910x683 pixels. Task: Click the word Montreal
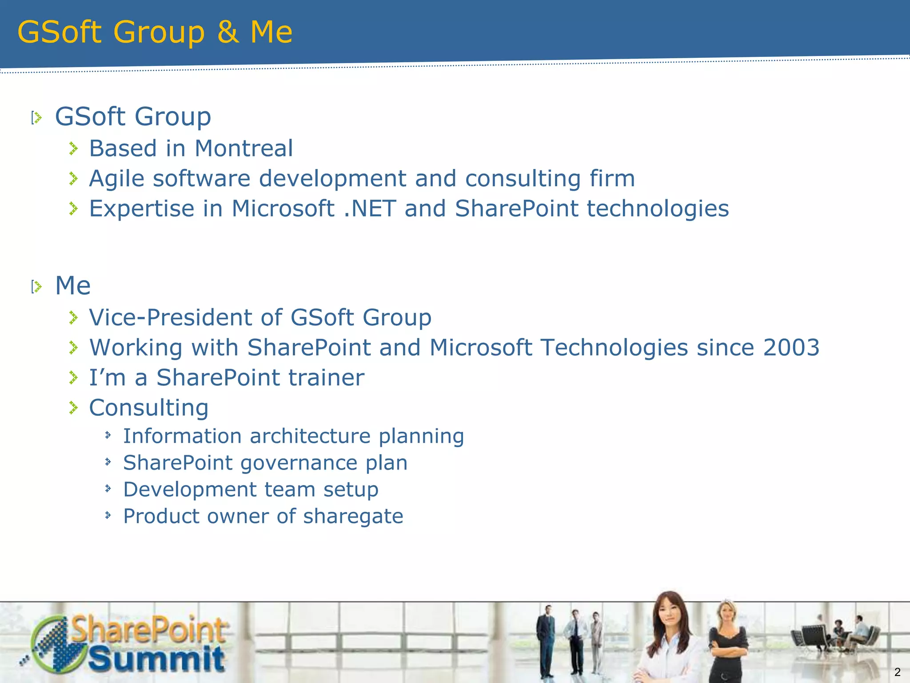(243, 149)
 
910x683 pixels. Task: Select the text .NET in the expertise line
(370, 209)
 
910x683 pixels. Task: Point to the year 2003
(791, 347)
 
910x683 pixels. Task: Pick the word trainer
(326, 378)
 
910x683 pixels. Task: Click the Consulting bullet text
(148, 408)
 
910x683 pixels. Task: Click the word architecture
(310, 436)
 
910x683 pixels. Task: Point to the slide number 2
(897, 672)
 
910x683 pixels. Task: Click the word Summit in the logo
(156, 659)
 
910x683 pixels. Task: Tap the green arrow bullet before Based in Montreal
(74, 149)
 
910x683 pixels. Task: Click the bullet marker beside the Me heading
(36, 287)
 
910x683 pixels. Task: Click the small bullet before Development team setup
(108, 489)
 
